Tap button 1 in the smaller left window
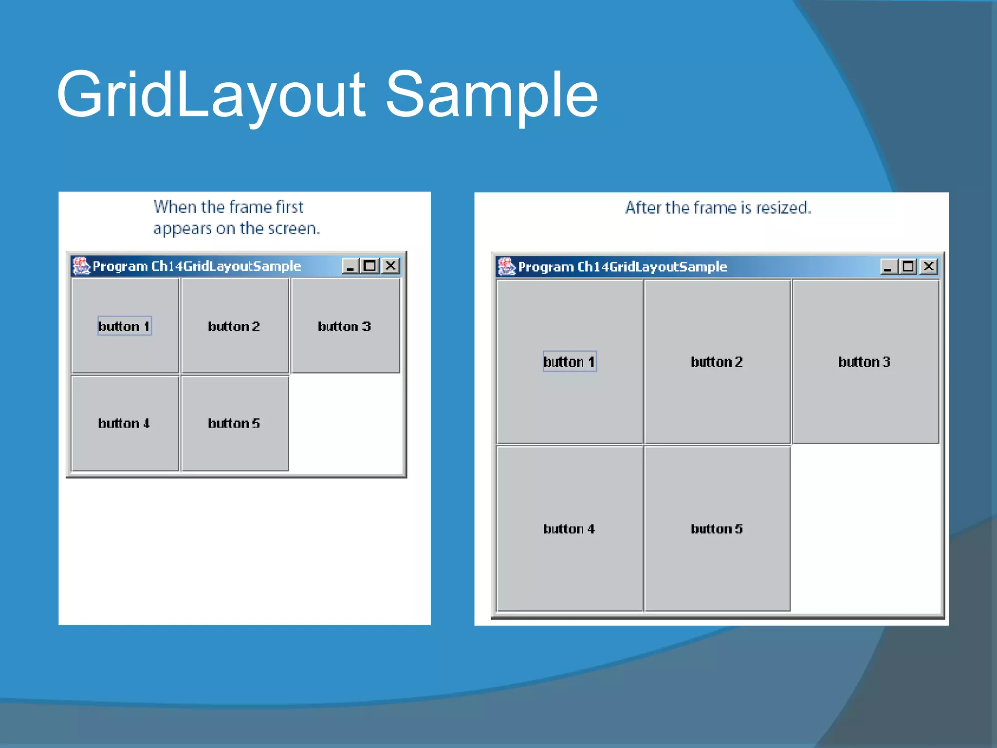coord(125,326)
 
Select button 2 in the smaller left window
coord(235,326)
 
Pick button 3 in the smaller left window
coord(345,326)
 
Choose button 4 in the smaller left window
coord(125,423)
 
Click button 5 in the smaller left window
coord(235,423)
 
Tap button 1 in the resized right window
coord(570,362)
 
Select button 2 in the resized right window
coord(717,362)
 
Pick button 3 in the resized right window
coord(865,362)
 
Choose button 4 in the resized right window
coord(570,529)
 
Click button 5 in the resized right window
coord(717,529)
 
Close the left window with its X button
coord(391,266)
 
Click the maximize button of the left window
coord(370,266)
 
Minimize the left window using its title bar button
coord(351,266)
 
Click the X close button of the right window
coord(929,266)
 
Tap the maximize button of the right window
coord(908,266)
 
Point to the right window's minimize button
coord(889,266)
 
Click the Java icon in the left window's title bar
coord(81,266)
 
